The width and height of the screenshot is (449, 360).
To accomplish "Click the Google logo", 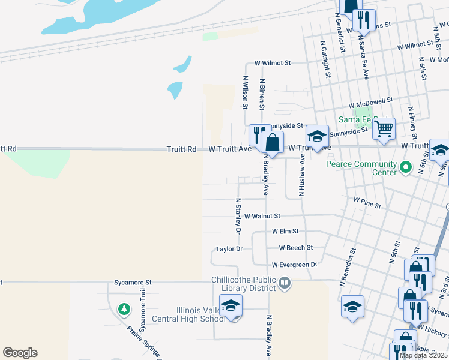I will pyautogui.click(x=20, y=353).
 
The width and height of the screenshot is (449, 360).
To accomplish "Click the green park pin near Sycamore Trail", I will pyautogui.click(x=124, y=310).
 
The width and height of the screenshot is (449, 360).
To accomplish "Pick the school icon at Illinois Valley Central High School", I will pyautogui.click(x=231, y=307).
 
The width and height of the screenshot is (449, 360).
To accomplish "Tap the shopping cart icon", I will pyautogui.click(x=384, y=128).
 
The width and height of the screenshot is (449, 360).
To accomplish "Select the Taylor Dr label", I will pyautogui.click(x=229, y=249).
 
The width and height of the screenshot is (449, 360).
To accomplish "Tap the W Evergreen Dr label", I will pyautogui.click(x=294, y=265).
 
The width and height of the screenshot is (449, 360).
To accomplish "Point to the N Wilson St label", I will pyautogui.click(x=245, y=92).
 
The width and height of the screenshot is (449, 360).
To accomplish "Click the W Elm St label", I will pyautogui.click(x=285, y=231).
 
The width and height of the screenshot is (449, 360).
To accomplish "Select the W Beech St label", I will pyautogui.click(x=296, y=248).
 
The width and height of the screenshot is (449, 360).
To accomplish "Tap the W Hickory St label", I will pyautogui.click(x=432, y=328).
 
